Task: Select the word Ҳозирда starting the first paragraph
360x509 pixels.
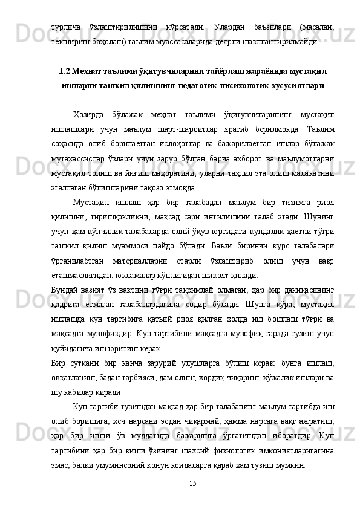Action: (88, 112)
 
